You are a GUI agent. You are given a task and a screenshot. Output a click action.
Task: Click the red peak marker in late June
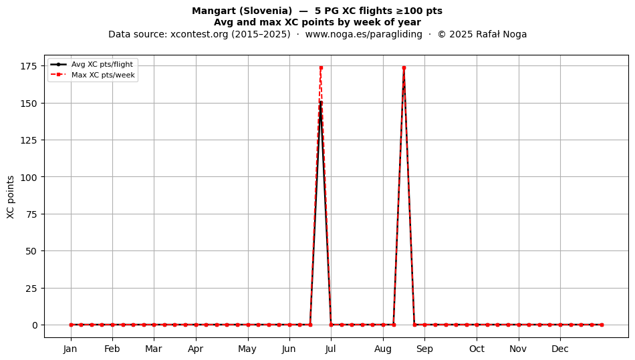tap(321, 67)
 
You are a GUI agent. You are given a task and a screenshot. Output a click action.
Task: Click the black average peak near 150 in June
tap(321, 103)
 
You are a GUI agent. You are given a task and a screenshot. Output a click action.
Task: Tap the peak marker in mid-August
tap(404, 67)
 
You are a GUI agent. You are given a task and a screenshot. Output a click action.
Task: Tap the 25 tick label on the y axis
tap(31, 289)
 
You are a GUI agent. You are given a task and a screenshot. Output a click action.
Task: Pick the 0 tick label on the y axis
tap(35, 325)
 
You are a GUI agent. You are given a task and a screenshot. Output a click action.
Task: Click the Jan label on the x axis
tap(70, 349)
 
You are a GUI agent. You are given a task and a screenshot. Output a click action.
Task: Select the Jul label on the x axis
tap(330, 349)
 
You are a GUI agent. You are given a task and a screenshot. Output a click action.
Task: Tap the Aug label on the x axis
tap(383, 349)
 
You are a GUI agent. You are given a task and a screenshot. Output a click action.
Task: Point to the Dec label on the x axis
tap(560, 349)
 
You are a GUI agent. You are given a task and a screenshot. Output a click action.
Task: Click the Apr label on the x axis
tap(196, 349)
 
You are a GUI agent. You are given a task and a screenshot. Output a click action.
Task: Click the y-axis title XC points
tap(11, 197)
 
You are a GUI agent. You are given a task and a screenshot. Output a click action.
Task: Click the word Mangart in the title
tap(211, 11)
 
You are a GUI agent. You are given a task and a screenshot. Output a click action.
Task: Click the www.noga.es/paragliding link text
tap(364, 34)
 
